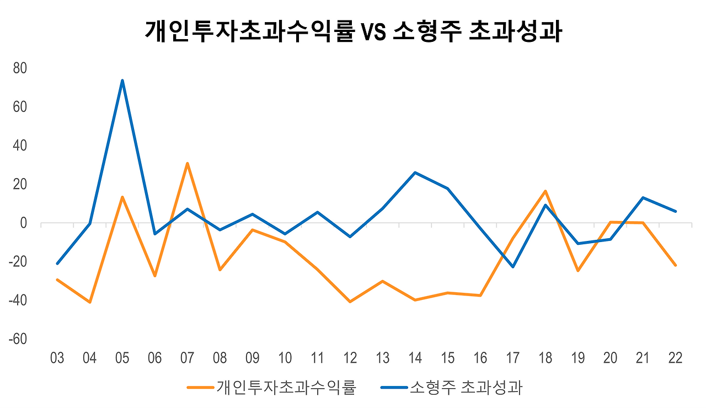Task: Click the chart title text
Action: pyautogui.click(x=353, y=31)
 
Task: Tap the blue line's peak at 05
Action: pyautogui.click(x=122, y=80)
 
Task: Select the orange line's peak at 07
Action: pyautogui.click(x=188, y=163)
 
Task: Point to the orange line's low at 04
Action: pyautogui.click(x=89, y=302)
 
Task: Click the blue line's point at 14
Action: pyautogui.click(x=415, y=173)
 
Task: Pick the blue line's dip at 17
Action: pyautogui.click(x=513, y=267)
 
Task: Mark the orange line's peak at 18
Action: pyautogui.click(x=545, y=191)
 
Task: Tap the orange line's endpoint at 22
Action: pyautogui.click(x=675, y=265)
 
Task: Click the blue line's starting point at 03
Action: pyautogui.click(x=57, y=264)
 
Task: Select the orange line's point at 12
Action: pyautogui.click(x=350, y=302)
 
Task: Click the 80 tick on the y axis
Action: pyautogui.click(x=20, y=68)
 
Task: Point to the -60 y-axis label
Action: pyautogui.click(x=18, y=339)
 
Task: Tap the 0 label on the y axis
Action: pyautogui.click(x=23, y=223)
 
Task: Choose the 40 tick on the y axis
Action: pyautogui.click(x=20, y=146)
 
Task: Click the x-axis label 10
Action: pyautogui.click(x=285, y=358)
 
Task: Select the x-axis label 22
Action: pyautogui.click(x=675, y=358)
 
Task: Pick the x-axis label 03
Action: pyautogui.click(x=57, y=358)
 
